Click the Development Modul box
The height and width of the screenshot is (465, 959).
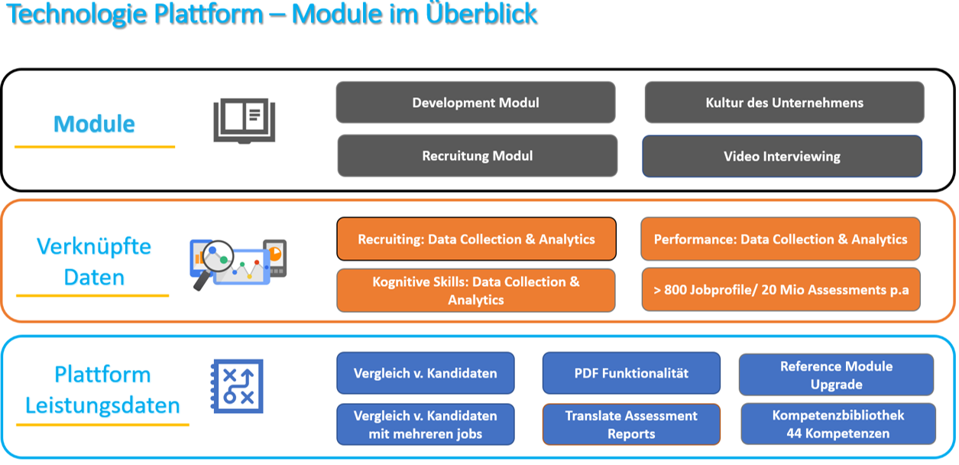point(475,102)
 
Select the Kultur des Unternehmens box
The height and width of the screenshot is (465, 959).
point(784,102)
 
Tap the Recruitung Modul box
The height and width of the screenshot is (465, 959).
point(478,155)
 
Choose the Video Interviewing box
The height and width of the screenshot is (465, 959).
point(782,157)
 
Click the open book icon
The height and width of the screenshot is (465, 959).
point(244,121)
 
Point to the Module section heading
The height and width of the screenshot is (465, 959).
point(94,124)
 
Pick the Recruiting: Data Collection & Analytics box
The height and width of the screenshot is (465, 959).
point(477,239)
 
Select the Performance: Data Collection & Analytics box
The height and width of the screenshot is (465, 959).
point(780,239)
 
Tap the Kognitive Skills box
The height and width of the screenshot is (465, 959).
point(476,290)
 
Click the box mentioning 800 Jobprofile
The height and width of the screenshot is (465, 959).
point(781,290)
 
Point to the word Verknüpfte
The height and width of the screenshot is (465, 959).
point(94,246)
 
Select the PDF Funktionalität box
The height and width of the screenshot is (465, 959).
point(631,373)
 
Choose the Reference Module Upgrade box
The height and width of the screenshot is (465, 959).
point(836,375)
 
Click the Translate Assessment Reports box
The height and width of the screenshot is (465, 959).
point(631,424)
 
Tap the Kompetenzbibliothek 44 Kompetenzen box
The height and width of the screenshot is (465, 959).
point(838,424)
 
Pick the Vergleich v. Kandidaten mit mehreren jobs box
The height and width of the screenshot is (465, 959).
point(426,424)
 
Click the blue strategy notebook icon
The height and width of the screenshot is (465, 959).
point(237,386)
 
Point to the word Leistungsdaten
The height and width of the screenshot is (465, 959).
point(102,405)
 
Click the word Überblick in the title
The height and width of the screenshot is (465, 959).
point(481,14)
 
